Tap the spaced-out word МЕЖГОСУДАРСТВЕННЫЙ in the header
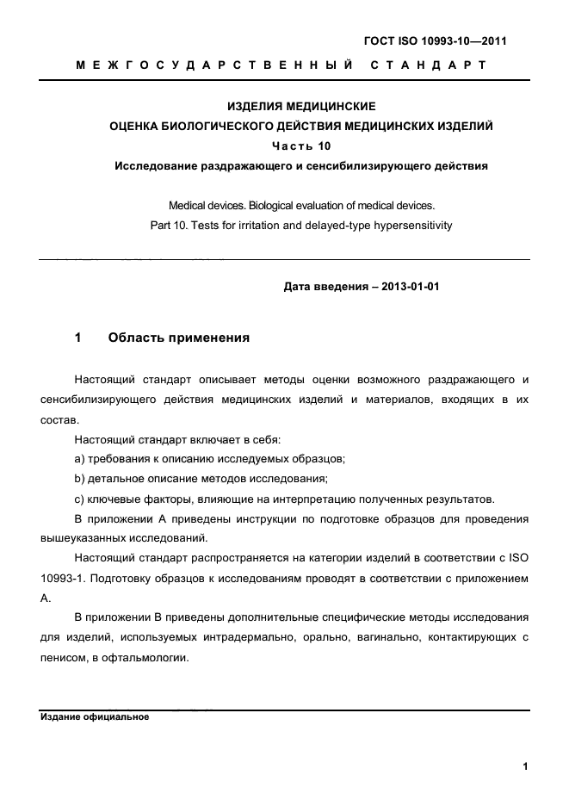coord(215,65)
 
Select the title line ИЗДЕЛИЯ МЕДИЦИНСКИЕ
coord(301,108)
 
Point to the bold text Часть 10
coord(301,146)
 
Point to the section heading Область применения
coord(179,338)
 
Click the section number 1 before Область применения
coord(77,338)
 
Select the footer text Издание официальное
coord(95,716)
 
